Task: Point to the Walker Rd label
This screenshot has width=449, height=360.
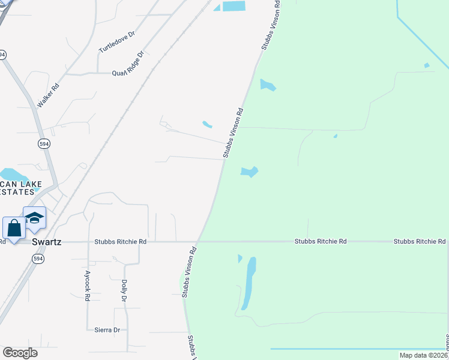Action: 48,95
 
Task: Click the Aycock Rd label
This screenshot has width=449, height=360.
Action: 87,288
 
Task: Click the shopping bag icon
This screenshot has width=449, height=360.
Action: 14,227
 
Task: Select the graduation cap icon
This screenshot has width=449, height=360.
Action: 34,217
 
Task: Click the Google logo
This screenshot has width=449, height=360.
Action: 20,353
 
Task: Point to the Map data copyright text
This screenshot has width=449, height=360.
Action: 424,355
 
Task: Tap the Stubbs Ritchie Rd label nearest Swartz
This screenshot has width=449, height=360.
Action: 120,242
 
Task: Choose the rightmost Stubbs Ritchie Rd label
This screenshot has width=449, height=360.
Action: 420,241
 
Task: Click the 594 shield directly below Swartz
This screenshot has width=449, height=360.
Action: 37,258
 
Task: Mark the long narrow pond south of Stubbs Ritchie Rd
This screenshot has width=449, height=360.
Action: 248,283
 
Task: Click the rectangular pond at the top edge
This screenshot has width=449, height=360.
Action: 234,6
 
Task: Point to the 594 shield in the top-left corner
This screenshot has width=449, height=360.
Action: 2,54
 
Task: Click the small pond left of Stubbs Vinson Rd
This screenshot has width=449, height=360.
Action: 207,125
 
